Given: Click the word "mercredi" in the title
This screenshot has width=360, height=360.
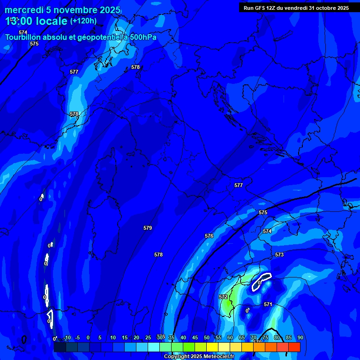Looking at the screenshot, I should coord(24,10).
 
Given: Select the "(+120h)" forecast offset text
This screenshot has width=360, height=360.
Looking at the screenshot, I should coord(83,21).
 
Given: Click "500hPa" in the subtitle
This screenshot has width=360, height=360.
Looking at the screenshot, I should coord(142,37).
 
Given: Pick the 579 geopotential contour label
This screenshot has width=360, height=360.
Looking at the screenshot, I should coord(148,228).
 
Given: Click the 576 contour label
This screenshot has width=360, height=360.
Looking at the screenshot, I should coord(209,236).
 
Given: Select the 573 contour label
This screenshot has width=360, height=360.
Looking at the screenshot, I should coord(279,255).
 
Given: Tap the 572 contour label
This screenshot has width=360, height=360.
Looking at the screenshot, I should coord(223,297).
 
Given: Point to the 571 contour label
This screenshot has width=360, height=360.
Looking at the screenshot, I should coord(268,304).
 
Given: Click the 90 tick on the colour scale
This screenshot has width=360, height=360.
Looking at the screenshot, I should coord(300,338).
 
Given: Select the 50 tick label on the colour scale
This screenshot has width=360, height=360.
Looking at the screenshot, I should coord(207,338).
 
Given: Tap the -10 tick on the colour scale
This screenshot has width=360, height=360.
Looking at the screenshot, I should coord(67,338).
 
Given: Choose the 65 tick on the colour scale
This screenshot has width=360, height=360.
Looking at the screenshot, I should coord(242,338).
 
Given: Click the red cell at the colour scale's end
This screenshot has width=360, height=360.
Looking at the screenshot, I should coord(294,347).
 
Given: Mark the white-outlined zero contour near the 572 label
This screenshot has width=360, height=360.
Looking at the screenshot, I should coord(262,282).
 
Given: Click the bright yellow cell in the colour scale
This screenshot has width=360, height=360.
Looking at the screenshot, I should coord(212,347).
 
